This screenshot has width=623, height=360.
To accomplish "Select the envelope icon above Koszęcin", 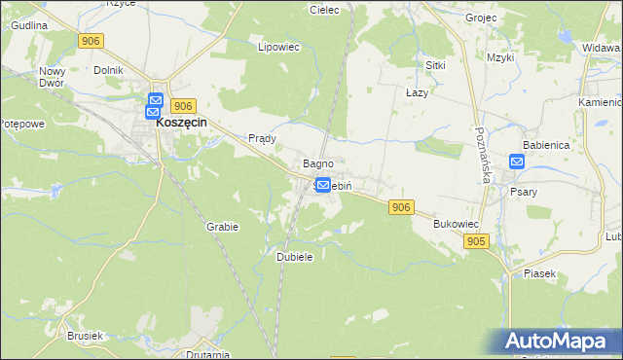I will (156, 99).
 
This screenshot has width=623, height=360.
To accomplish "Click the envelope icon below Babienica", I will (517, 162).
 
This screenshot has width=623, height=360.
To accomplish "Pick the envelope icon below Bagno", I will (323, 183).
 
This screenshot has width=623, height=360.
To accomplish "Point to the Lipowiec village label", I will (276, 46).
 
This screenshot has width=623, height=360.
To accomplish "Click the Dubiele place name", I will (294, 257).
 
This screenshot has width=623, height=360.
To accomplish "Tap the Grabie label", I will (222, 226).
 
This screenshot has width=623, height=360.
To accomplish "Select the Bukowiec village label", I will (454, 224).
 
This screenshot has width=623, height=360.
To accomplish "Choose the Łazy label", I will (417, 90).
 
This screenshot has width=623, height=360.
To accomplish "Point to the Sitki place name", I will (435, 64).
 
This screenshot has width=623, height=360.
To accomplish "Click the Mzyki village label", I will (500, 58).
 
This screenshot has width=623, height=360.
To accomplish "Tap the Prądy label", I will (263, 138).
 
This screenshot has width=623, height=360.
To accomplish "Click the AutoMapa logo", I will (559, 342).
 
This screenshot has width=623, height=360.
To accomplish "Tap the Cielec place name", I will (323, 10).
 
